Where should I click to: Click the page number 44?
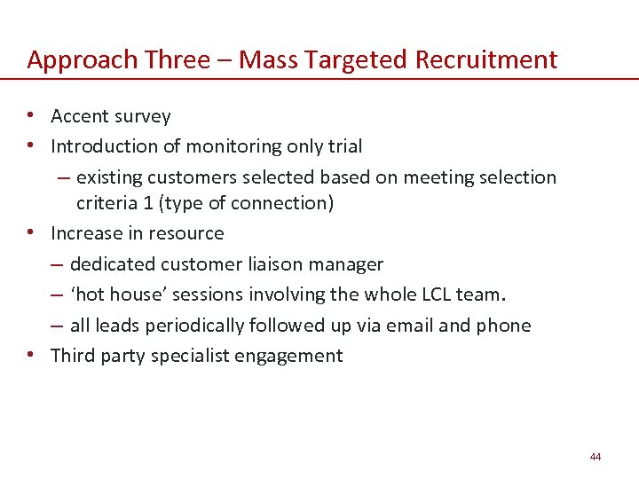[x=595, y=457]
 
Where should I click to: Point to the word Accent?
[x=81, y=116]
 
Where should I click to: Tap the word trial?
[x=344, y=145]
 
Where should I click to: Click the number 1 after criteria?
[x=147, y=203]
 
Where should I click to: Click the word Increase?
[x=86, y=233]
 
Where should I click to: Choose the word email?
[x=406, y=326]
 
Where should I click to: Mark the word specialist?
[x=185, y=356]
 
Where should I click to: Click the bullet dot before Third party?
[x=31, y=354]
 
